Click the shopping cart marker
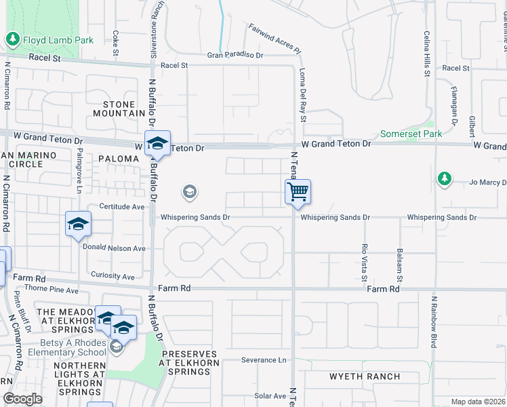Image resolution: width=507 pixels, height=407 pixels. (x=298, y=193)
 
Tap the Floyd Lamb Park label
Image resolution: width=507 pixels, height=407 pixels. (x=58, y=40)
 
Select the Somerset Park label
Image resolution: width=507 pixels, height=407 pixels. (x=411, y=134)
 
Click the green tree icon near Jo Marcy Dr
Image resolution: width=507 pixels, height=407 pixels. (x=444, y=178)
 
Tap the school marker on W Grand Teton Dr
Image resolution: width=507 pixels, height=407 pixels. (x=157, y=144)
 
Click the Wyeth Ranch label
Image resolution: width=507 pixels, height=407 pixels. (x=365, y=376)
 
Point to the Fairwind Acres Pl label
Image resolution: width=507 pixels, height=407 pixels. (x=274, y=39)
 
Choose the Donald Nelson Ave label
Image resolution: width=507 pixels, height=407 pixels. (x=114, y=248)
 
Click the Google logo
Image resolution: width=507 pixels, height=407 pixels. (x=22, y=399)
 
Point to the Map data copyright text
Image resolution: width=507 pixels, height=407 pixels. (x=477, y=402)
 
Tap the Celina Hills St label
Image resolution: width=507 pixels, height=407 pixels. (x=427, y=54)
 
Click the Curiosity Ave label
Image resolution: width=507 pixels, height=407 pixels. (x=113, y=276)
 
